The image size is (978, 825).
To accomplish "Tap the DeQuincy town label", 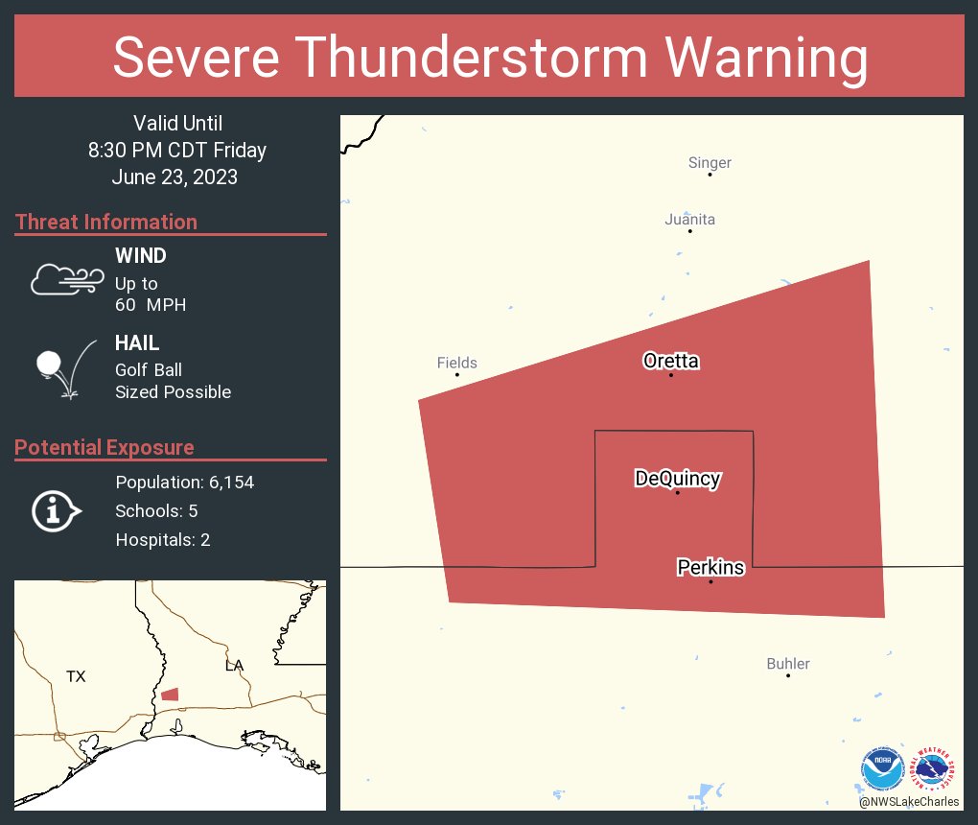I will pos(677,479).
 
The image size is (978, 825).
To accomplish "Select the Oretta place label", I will pos(671,362).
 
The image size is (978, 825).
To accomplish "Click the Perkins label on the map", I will pos(710,568).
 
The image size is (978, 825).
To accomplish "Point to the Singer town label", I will pos(710,163).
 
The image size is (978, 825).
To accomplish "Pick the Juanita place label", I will pos(689,220).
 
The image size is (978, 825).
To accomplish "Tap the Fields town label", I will pos(456,363).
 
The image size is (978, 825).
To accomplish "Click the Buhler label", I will pos(788,664).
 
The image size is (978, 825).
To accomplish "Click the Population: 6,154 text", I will pos(184,483).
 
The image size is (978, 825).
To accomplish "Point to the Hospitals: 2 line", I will pos(163,540).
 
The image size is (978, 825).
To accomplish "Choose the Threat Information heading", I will pos(106,223).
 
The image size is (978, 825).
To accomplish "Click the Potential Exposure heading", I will pos(105,448).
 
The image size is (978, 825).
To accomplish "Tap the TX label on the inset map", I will pos(76,677).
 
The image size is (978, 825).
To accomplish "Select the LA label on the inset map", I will pos(234,666).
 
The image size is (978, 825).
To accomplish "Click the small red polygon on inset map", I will pos(170,695).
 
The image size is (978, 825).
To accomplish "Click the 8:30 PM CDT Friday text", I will pos(177,151).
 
